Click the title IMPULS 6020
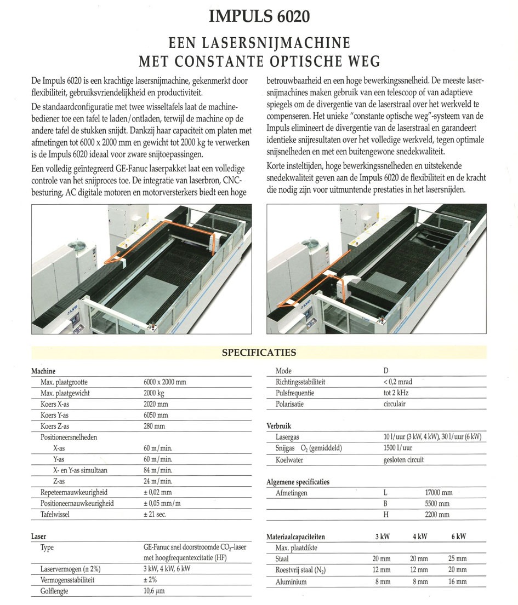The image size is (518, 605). pyautogui.click(x=259, y=16)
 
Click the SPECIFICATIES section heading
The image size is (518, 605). pyautogui.click(x=259, y=353)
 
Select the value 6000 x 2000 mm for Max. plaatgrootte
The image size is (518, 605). pyautogui.click(x=164, y=382)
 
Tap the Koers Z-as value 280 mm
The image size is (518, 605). pyautogui.click(x=154, y=426)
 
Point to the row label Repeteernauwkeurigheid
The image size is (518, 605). pyautogui.click(x=74, y=493)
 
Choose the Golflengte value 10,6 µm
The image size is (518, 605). pyautogui.click(x=154, y=591)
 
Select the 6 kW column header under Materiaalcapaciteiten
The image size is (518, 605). pyautogui.click(x=458, y=537)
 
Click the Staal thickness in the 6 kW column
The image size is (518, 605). pyautogui.click(x=458, y=559)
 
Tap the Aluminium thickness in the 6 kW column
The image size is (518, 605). pyautogui.click(x=458, y=581)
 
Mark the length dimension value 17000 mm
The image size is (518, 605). pyautogui.click(x=437, y=493)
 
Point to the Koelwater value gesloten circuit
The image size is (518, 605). pyautogui.click(x=403, y=460)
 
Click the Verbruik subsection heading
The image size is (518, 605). pyautogui.click(x=279, y=426)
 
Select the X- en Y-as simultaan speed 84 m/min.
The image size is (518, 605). pyautogui.click(x=158, y=470)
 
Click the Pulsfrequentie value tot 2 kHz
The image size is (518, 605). pyautogui.click(x=396, y=393)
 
